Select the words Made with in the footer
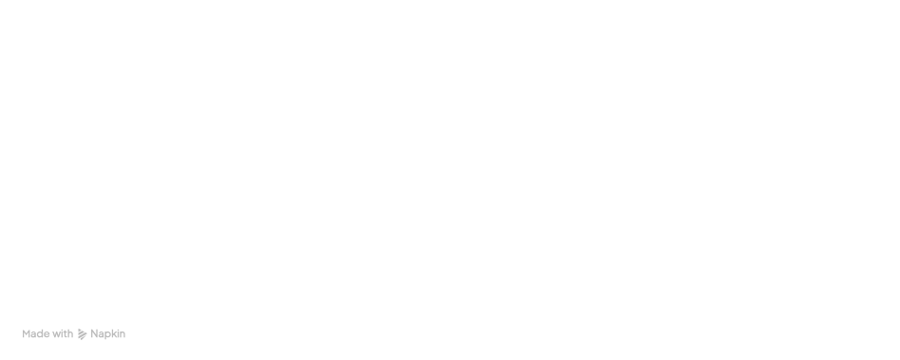click(x=48, y=334)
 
